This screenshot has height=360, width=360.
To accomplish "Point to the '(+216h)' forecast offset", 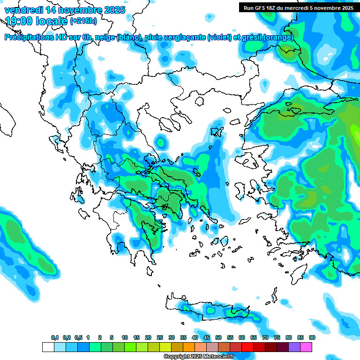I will coord(83,21).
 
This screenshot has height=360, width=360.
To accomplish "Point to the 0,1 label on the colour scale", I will coord(55,337).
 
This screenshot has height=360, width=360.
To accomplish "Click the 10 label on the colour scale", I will coord(125,337).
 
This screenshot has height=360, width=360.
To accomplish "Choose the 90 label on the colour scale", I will coord(312,337).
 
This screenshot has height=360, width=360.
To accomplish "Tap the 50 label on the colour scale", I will coord(218,337).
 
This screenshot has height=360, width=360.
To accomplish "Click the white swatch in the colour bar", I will coord(48,347).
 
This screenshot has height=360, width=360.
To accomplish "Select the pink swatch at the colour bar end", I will coord(306,347).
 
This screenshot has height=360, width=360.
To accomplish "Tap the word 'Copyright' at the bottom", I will coord(177,357).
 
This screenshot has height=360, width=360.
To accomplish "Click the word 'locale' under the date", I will coord(54,21).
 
